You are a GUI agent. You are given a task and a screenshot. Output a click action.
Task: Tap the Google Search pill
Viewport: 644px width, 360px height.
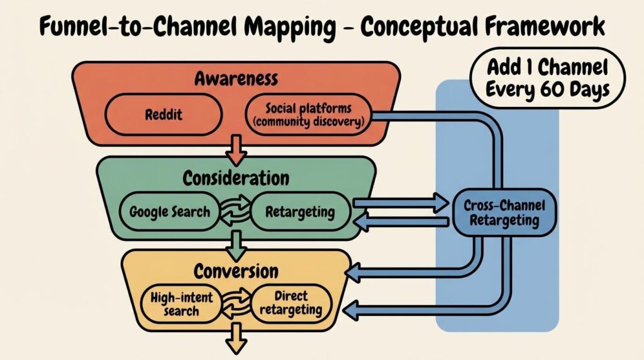(170, 211)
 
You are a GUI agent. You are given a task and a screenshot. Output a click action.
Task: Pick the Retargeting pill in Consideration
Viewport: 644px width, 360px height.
(300, 211)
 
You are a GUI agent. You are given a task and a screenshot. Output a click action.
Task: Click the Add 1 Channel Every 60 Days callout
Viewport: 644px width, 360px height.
(548, 78)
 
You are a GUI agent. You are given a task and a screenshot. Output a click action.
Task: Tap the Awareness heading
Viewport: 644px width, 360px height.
(236, 79)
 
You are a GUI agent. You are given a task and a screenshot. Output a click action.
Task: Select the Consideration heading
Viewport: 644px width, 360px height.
(236, 177)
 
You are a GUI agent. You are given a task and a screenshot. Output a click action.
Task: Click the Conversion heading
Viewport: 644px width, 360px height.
(236, 271)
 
